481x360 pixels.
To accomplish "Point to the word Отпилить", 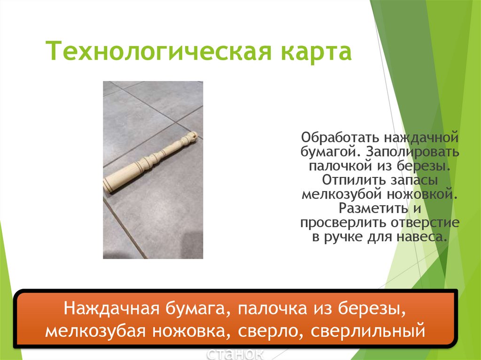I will pyautogui.click(x=352, y=180).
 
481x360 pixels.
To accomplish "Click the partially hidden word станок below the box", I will pyautogui.click(x=235, y=353).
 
